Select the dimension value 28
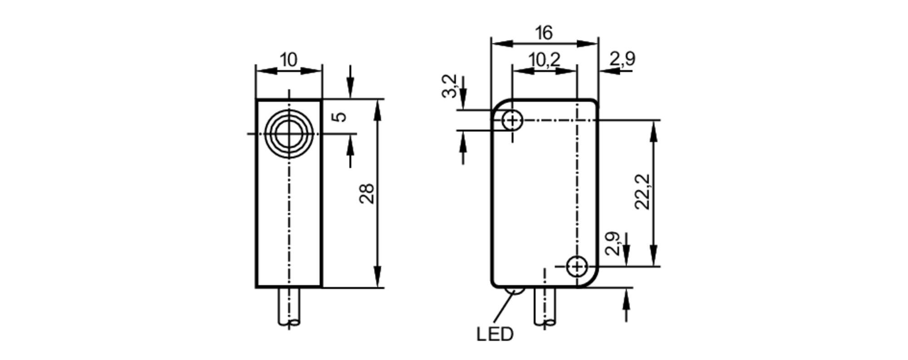click(367, 193)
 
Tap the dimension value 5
click(340, 117)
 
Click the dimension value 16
click(543, 33)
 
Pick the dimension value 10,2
click(544, 59)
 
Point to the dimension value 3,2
click(450, 87)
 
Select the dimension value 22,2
click(642, 192)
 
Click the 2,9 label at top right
click(622, 59)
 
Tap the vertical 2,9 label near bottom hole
click(613, 244)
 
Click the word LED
click(495, 335)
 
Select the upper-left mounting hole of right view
click(513, 121)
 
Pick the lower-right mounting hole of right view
click(577, 266)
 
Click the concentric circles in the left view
click(289, 134)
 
